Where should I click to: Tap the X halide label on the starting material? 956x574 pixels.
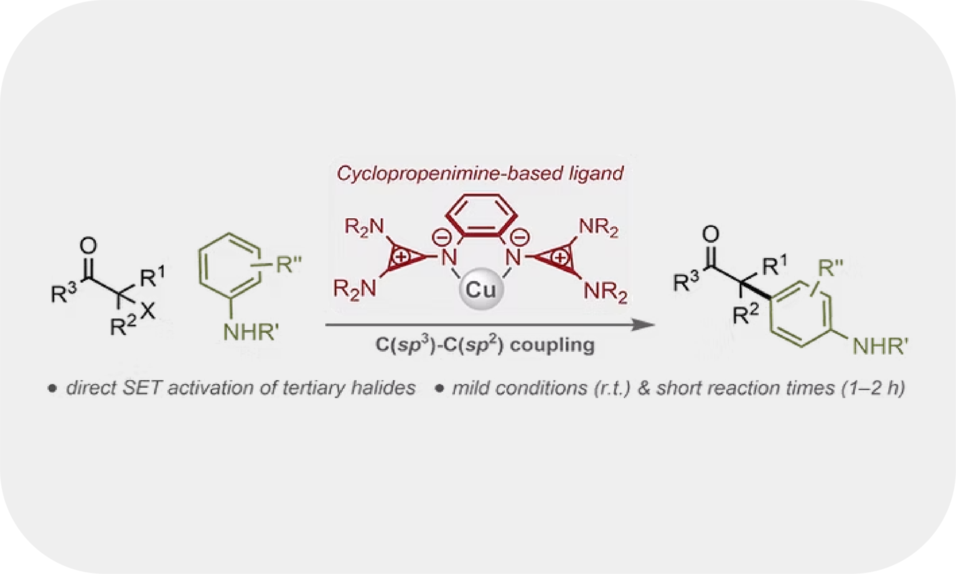click(x=148, y=312)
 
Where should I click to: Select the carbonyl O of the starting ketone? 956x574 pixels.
click(x=88, y=246)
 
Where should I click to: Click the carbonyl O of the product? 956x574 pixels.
click(x=711, y=234)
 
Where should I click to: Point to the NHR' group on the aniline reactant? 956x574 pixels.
click(x=250, y=331)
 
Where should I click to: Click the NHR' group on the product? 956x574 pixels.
click(x=880, y=346)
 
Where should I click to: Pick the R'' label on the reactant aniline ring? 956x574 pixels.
click(x=289, y=264)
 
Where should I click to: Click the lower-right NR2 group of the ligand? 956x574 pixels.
click(x=605, y=291)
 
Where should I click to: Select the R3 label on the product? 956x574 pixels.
click(x=686, y=281)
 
